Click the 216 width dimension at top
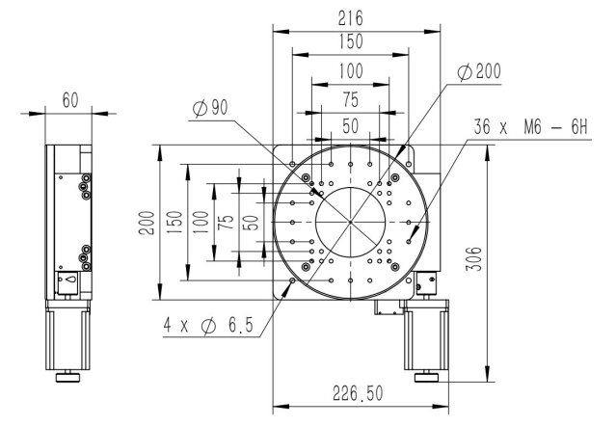[x=351, y=18]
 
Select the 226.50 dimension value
[x=358, y=393]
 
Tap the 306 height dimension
[x=473, y=258]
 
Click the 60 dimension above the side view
[x=70, y=100]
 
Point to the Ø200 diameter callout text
[x=480, y=72]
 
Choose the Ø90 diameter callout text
[x=210, y=107]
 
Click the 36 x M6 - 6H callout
[x=530, y=127]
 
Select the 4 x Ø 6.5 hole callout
[x=208, y=325]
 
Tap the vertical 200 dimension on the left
[x=147, y=223]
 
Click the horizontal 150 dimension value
[x=351, y=41]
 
